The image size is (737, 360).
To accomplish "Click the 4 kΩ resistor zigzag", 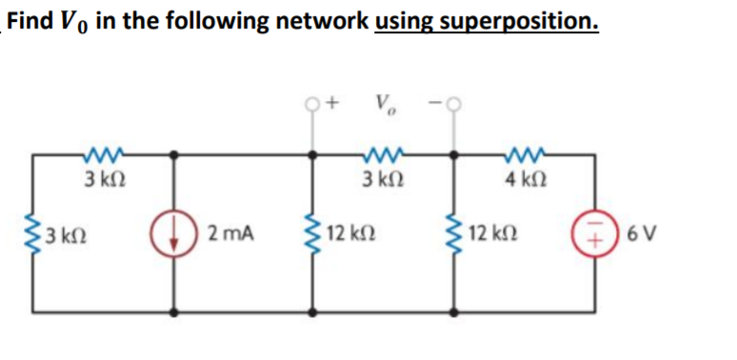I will [x=523, y=152].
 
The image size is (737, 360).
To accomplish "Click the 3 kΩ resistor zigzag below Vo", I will [x=385, y=152].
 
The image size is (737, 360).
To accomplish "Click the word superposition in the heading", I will [x=524, y=20].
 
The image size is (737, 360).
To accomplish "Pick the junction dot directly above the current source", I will [x=172, y=152].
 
